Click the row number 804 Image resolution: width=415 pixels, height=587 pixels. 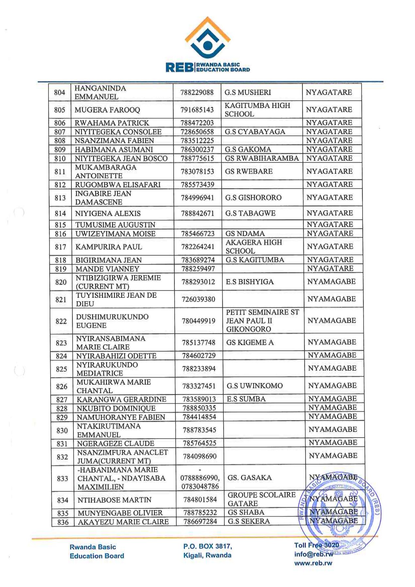click(x=59, y=92)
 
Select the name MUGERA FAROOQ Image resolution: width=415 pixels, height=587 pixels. click(x=107, y=110)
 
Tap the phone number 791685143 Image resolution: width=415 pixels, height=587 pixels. click(x=197, y=110)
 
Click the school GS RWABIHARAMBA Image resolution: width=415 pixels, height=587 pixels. click(x=262, y=158)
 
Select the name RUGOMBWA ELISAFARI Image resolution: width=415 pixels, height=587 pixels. click(x=118, y=185)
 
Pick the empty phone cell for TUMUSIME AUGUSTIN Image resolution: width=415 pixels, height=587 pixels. click(x=198, y=224)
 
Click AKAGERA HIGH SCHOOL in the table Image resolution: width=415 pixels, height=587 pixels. click(x=253, y=247)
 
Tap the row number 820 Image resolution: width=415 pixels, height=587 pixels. click(x=61, y=282)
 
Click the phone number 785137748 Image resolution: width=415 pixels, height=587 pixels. click(x=199, y=343)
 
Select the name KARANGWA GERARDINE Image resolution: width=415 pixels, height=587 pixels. click(x=121, y=399)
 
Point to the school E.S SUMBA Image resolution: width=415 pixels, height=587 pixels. click(x=246, y=399)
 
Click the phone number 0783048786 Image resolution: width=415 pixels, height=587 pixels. click(x=200, y=486)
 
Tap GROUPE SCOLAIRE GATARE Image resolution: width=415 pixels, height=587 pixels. click(x=261, y=499)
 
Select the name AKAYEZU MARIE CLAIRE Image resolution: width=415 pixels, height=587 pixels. click(x=123, y=522)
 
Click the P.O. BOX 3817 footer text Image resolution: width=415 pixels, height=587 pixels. click(x=207, y=546)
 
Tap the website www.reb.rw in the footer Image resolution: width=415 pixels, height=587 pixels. click(x=313, y=563)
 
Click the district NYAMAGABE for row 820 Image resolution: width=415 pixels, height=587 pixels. click(x=331, y=282)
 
